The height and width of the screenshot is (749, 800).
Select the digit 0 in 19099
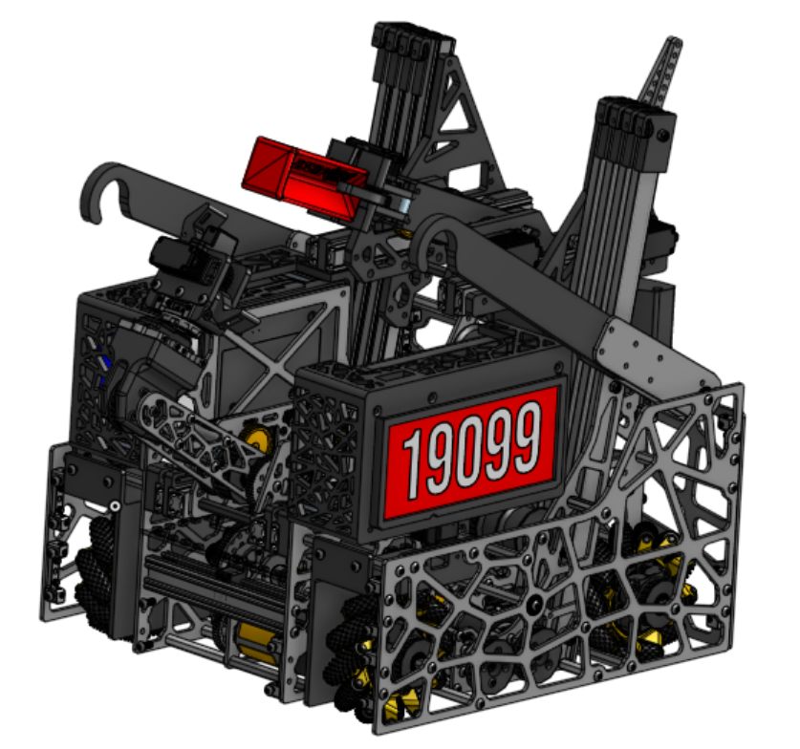468,451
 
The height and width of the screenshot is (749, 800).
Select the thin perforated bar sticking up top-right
659,72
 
